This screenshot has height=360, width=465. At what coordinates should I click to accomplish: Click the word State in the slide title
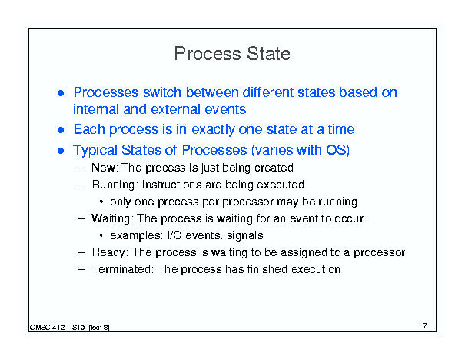268,54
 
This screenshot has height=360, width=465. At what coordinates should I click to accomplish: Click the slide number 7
425,326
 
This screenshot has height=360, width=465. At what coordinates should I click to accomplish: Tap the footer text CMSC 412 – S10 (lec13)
69,328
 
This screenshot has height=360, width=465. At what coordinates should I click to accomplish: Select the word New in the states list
103,168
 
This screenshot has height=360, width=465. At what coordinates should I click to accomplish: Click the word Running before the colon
114,185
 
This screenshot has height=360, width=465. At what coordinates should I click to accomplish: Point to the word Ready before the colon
108,252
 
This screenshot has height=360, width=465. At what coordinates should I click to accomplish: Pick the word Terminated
121,269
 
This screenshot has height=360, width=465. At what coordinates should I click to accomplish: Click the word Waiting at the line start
111,218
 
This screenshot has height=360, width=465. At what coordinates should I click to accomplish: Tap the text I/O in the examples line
174,235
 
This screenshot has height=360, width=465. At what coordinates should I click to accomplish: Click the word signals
244,235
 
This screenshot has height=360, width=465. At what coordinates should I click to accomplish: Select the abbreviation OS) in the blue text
337,150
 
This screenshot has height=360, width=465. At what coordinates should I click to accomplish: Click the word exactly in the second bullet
213,130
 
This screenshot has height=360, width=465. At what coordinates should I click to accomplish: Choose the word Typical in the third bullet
95,150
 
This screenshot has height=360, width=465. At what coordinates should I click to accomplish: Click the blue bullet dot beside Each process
61,130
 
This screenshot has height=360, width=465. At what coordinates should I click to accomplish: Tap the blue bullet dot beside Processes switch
61,93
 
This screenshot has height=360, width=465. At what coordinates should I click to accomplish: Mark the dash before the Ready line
81,252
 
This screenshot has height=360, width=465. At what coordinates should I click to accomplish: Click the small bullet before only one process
101,202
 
